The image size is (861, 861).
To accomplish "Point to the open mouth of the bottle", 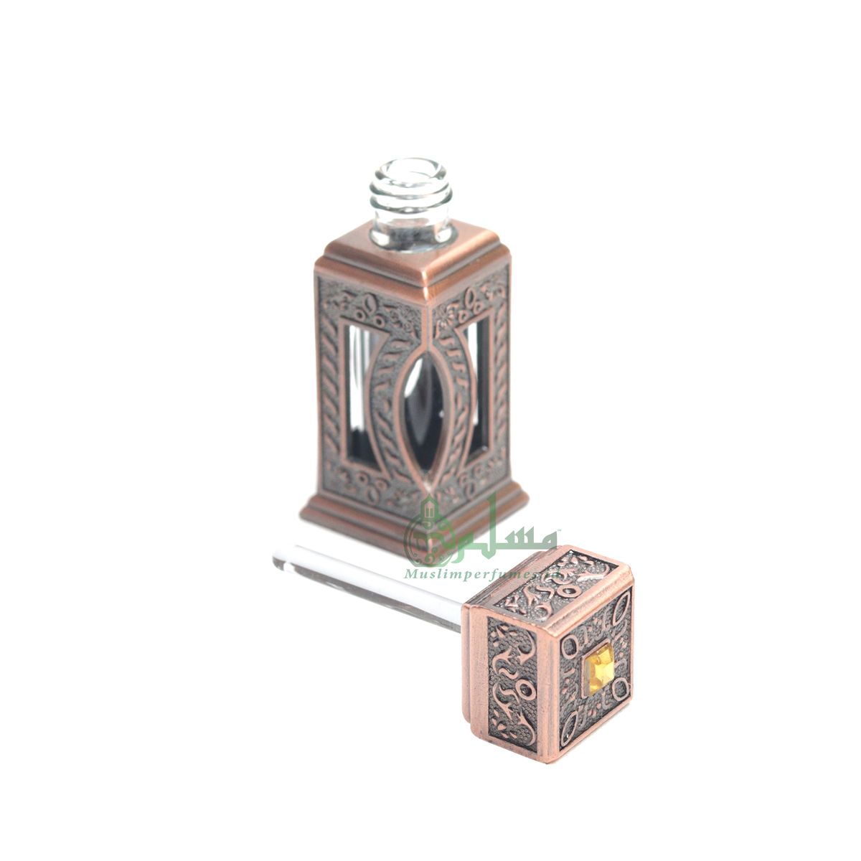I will point(411,168).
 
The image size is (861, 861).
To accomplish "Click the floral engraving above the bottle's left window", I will point(373,305).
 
